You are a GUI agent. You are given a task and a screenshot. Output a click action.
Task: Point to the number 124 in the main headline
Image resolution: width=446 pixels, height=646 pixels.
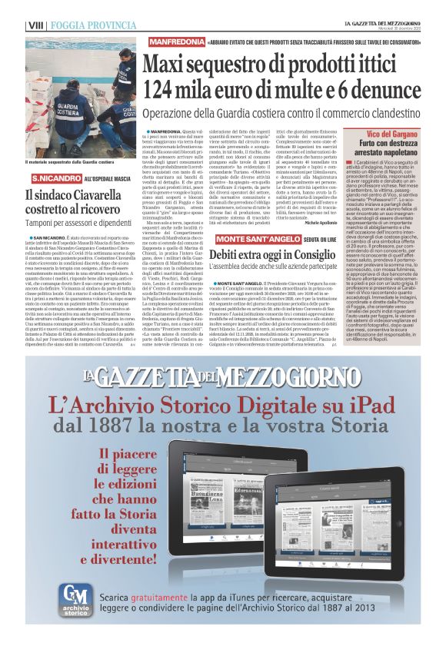click(171, 86)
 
